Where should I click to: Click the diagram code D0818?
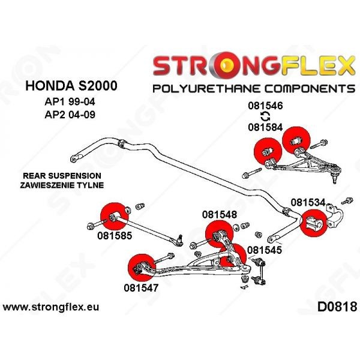[334, 307]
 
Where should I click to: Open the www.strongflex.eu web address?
[51, 307]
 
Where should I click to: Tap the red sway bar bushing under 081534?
[312, 224]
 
